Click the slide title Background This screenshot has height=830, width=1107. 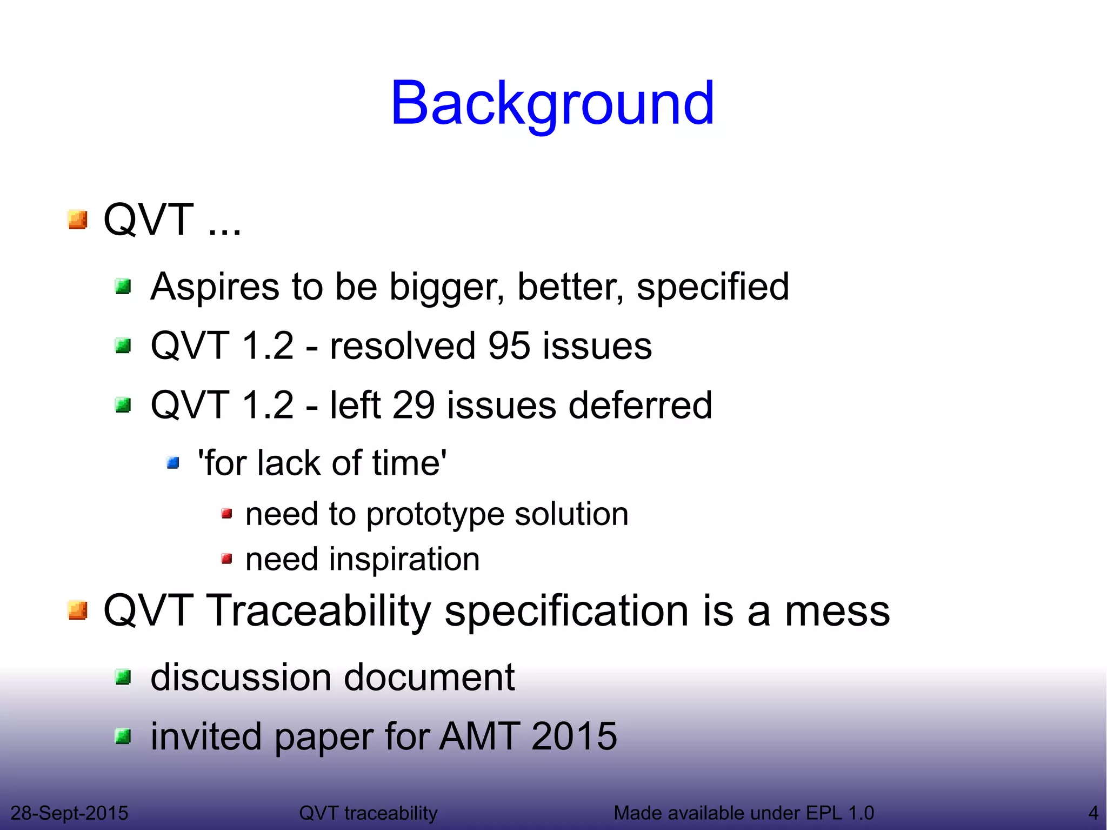pos(552,103)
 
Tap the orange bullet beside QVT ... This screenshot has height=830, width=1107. pos(78,220)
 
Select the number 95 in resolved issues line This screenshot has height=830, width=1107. pos(509,346)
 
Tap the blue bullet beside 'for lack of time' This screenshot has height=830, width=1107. pos(173,463)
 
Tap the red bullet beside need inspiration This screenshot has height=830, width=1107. pos(227,559)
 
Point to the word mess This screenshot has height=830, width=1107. pos(837,611)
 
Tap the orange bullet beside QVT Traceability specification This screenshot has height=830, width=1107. pos(78,611)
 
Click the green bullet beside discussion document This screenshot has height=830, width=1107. pos(124,677)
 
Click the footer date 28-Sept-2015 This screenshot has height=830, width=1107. pos(69,813)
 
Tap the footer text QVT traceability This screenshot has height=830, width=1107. pos(368,813)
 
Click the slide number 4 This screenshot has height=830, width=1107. pos(1093,813)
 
